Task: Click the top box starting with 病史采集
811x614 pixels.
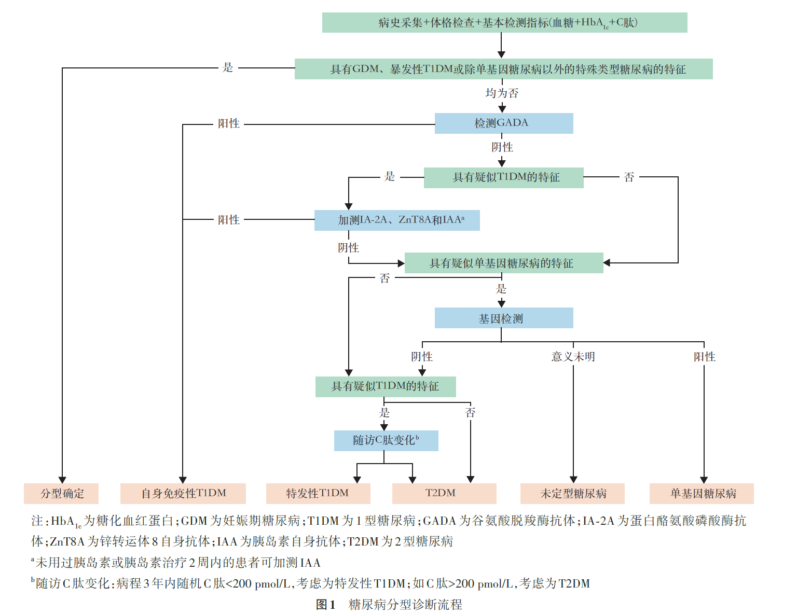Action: pos(504,23)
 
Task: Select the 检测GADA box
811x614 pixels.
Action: pos(503,123)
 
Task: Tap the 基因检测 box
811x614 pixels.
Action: pos(503,318)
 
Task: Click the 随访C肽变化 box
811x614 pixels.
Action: pos(386,441)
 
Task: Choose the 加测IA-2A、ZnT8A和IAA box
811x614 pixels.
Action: pos(397,220)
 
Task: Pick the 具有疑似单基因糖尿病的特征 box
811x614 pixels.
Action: pos(503,263)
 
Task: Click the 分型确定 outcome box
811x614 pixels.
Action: pos(61,494)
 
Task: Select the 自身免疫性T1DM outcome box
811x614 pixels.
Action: pos(183,494)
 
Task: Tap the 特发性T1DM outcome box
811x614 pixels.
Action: pos(318,494)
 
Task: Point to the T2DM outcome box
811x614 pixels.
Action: pos(444,494)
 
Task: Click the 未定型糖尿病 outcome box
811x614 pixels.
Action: pos(572,494)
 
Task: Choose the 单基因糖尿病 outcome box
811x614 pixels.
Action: pos(702,494)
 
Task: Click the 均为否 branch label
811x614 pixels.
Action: pos(502,93)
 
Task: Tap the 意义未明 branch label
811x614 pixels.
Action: pos(573,357)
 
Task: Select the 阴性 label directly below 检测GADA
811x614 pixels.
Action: pos(502,147)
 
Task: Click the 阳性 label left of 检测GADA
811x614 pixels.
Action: pos(228,123)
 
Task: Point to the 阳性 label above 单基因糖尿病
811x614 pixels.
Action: pos(704,357)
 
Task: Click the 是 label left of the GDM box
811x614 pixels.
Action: pos(228,67)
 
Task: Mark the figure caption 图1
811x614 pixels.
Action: pos(326,605)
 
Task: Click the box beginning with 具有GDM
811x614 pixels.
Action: pos(503,69)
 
